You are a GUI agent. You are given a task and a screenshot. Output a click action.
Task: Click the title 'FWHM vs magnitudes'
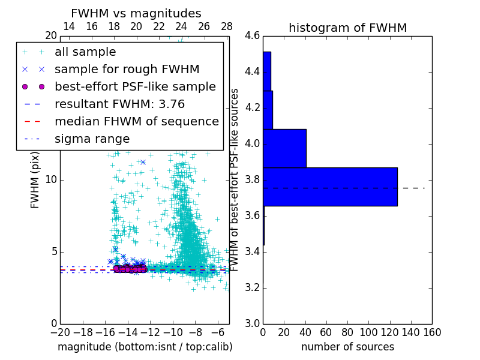[136, 13]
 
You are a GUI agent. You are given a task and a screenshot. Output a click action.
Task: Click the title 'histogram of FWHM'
[347, 28]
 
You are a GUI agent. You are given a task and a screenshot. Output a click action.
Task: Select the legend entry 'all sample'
[85, 52]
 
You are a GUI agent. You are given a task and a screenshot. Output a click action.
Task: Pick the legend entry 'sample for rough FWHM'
[127, 69]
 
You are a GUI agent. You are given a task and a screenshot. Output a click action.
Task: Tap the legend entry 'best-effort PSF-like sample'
[135, 86]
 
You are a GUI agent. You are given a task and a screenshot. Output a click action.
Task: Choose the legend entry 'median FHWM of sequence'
[136, 121]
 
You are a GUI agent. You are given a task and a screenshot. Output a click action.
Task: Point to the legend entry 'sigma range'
[92, 139]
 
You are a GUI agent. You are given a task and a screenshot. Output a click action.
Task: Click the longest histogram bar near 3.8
[330, 187]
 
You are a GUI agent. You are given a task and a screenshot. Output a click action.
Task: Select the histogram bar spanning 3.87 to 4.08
[284, 148]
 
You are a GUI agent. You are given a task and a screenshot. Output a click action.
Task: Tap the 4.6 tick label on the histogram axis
[252, 36]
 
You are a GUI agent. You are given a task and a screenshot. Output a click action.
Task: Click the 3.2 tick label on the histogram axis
[252, 287]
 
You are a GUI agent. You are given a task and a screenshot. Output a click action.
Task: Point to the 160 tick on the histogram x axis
[432, 332]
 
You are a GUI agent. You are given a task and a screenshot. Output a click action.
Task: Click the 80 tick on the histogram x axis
[347, 332]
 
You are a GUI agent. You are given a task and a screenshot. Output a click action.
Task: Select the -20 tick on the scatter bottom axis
[60, 332]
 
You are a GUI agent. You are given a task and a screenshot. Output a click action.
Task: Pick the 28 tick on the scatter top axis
[227, 26]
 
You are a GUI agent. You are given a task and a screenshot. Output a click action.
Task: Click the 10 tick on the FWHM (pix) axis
[51, 180]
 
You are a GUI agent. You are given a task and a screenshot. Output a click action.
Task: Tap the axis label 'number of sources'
[347, 347]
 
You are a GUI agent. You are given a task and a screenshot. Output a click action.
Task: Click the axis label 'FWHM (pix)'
[35, 180]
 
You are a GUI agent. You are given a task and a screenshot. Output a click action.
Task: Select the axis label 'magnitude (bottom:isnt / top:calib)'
[145, 347]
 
